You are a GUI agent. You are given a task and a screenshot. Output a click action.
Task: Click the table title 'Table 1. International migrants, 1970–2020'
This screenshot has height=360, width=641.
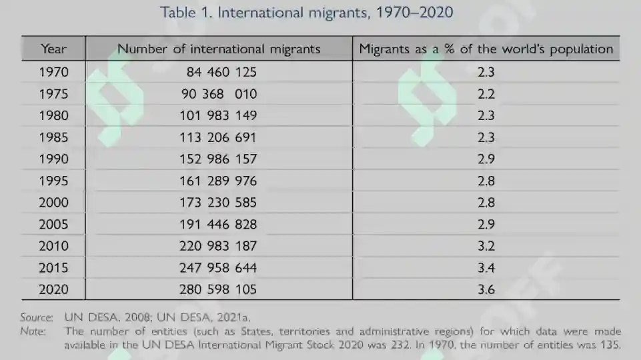(306, 12)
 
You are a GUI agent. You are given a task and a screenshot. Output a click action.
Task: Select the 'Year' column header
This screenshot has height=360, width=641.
(53, 49)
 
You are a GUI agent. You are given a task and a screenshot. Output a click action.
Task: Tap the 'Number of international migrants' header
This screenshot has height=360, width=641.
(219, 49)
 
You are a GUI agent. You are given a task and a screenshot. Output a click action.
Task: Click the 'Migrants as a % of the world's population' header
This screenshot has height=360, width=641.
(486, 49)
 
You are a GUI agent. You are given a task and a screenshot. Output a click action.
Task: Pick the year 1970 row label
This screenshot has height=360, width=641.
(53, 72)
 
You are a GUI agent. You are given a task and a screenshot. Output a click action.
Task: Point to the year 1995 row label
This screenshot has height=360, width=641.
(53, 181)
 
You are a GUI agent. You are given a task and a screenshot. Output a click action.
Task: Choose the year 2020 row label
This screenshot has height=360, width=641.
(53, 289)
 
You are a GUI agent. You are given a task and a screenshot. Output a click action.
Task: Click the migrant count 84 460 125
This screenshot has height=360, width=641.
(221, 72)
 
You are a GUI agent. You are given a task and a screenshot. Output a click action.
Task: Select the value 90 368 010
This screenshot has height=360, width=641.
(219, 94)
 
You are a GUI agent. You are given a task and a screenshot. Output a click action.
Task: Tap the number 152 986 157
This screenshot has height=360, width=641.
(218, 159)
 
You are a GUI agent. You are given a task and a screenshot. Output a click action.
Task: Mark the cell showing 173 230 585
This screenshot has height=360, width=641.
(218, 202)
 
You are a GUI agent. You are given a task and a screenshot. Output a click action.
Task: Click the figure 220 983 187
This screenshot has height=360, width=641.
(218, 246)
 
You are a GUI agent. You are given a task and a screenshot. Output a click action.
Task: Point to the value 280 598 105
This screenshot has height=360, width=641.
(218, 289)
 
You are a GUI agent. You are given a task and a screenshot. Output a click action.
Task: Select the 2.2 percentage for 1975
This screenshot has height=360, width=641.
(486, 94)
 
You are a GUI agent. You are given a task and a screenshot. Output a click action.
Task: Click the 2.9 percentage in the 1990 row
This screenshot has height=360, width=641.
(486, 159)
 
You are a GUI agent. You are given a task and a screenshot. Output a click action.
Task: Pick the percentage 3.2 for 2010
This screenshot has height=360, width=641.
(486, 246)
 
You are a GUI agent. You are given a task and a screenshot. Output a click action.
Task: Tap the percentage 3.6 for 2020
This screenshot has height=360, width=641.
(486, 289)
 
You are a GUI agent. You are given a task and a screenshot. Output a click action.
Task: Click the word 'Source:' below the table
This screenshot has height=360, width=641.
(37, 317)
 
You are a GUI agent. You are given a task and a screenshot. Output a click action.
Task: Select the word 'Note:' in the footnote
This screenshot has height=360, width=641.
(33, 331)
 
